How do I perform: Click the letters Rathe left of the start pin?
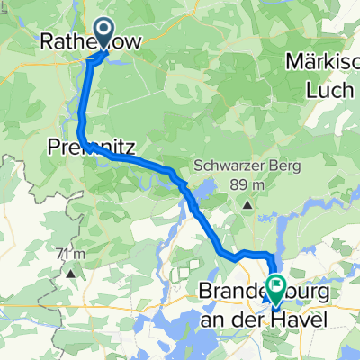point(65,41)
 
